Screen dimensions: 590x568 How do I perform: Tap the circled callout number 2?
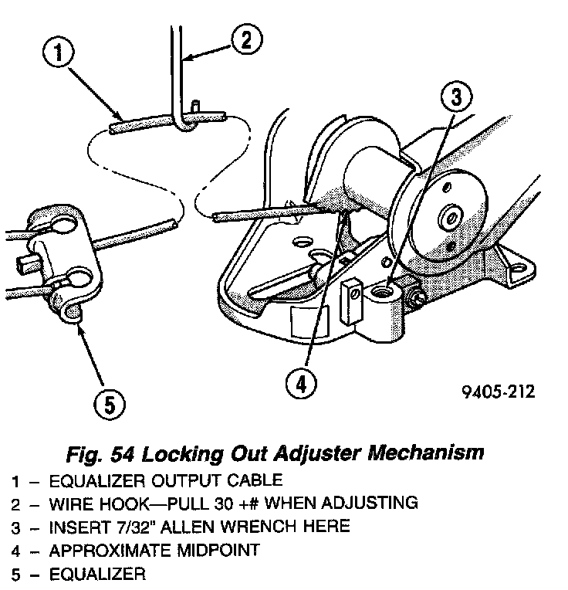(245, 39)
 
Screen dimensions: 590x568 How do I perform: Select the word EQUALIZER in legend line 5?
(96, 575)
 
